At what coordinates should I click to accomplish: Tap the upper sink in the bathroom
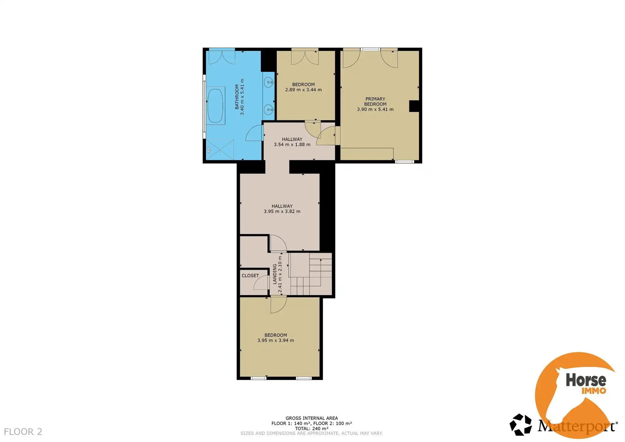tap(269, 82)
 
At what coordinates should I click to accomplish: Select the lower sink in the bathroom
tap(269, 109)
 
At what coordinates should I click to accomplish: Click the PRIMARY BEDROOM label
tap(375, 101)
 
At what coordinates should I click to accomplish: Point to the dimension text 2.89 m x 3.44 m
tap(303, 90)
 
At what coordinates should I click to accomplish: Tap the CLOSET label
tap(250, 276)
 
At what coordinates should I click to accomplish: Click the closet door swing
tap(261, 283)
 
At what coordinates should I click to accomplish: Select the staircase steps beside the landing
tap(310, 274)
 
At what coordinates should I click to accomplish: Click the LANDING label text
tap(275, 274)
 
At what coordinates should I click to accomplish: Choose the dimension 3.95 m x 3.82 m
tap(282, 211)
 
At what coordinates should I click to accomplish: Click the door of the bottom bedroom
tap(278, 304)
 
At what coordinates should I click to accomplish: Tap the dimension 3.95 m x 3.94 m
tap(275, 340)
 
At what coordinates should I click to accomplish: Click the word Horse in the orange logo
tap(586, 380)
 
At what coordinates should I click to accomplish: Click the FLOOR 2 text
tap(23, 432)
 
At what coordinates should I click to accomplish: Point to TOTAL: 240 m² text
tap(311, 428)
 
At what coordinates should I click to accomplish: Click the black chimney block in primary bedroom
tap(414, 106)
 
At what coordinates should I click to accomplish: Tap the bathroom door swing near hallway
tap(254, 134)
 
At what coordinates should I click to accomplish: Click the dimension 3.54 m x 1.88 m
tap(292, 145)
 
